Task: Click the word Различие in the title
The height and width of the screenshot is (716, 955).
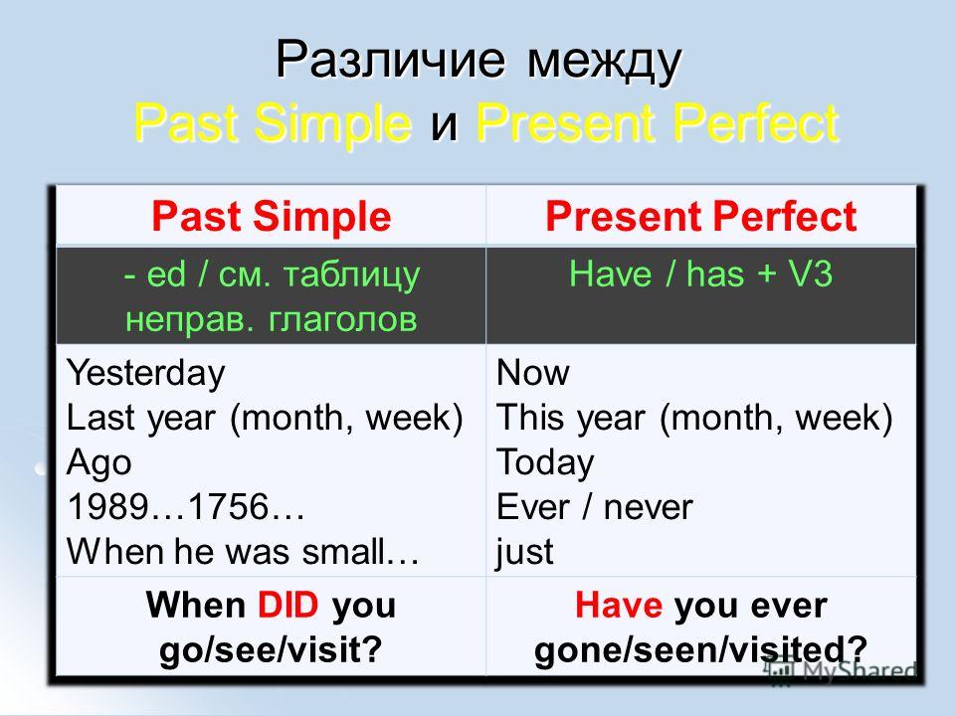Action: point(390,60)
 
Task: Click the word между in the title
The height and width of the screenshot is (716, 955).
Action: point(604,62)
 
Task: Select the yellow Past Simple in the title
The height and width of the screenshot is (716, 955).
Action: point(273,123)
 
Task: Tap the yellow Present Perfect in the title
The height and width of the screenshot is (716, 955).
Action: point(658,123)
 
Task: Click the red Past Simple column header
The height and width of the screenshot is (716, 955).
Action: point(271,217)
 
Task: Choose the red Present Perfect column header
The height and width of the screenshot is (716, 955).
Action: point(701,216)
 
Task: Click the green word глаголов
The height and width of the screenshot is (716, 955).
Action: point(343,319)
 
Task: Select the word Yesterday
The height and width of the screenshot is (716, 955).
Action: point(145,373)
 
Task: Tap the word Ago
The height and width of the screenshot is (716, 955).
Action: point(98,462)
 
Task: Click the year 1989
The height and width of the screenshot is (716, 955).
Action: point(107,506)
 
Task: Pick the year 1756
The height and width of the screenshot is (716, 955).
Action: point(229,506)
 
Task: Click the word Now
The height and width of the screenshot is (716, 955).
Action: point(533,372)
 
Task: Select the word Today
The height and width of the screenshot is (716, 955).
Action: point(545,462)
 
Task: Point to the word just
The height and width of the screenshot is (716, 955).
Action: point(524,552)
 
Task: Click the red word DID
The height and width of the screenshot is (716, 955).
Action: point(288,606)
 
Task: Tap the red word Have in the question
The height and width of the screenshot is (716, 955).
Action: point(618,606)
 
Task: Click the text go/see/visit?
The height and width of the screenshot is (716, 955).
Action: point(271,650)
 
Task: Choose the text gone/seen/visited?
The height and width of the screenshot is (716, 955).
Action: point(700,650)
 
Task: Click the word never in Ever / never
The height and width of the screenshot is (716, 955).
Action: point(648,508)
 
